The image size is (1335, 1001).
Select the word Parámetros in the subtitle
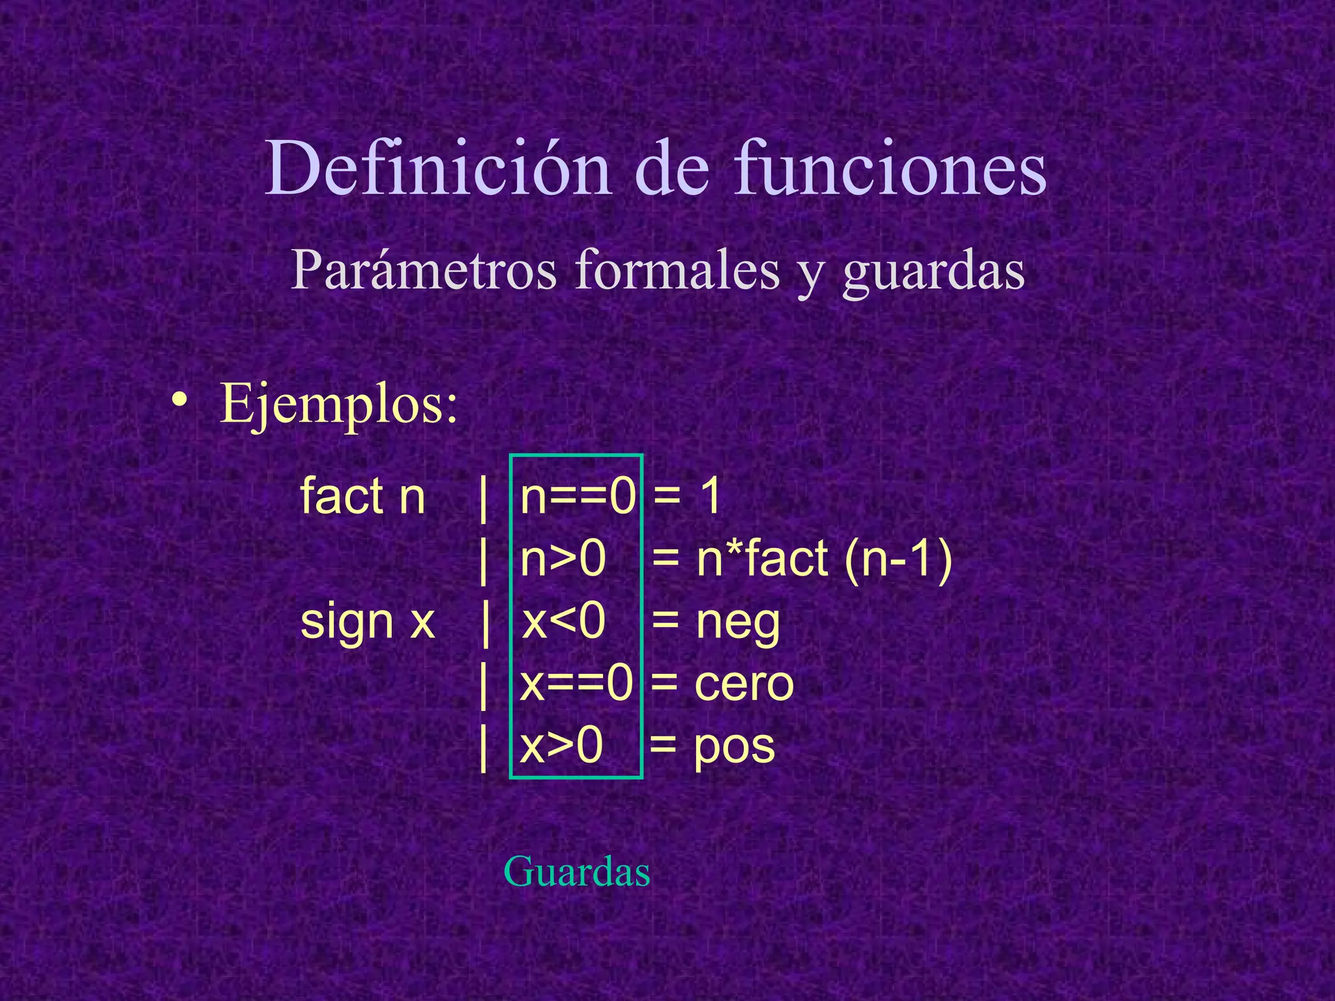click(x=424, y=270)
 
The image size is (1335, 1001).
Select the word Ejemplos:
click(x=339, y=405)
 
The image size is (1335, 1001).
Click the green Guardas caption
click(x=577, y=872)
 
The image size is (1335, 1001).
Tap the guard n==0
click(x=577, y=497)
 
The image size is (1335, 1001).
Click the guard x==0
click(x=576, y=684)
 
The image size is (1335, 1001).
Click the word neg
click(x=738, y=623)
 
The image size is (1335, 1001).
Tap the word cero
click(x=744, y=684)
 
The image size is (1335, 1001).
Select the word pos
click(x=734, y=747)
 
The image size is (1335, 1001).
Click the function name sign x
click(x=367, y=622)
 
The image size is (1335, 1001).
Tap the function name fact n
click(x=362, y=497)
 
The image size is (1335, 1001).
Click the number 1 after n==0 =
click(x=710, y=497)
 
